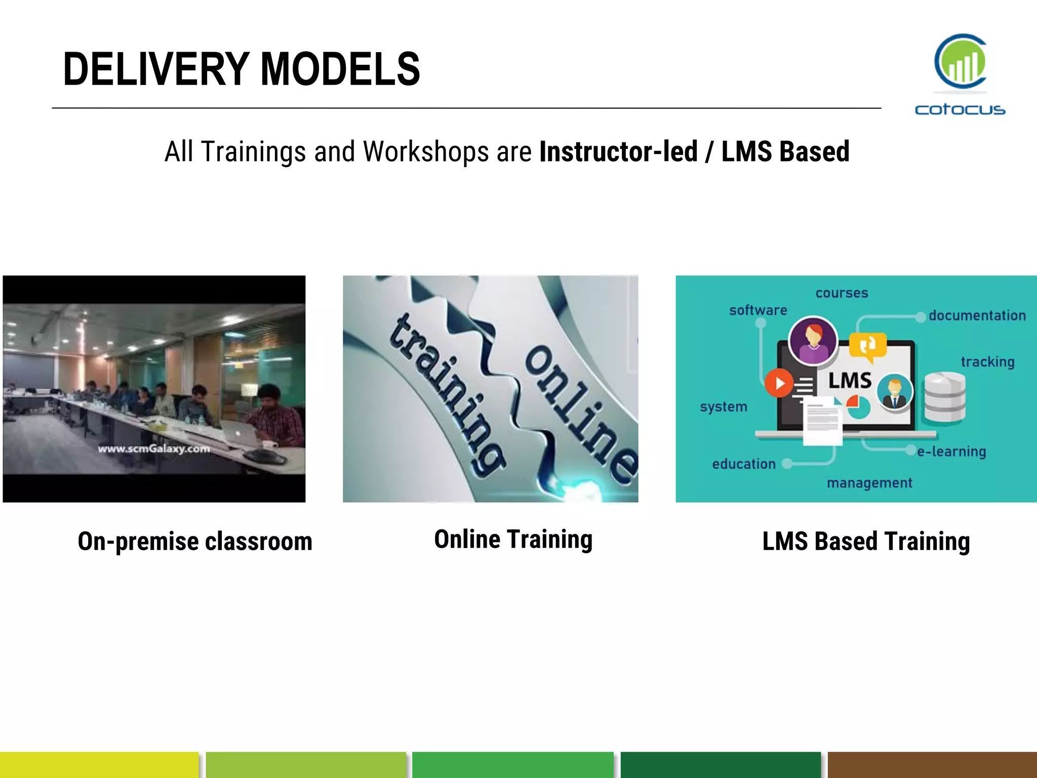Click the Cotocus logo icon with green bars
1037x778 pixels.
click(961, 62)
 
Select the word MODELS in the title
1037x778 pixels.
click(340, 69)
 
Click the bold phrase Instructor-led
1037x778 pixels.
click(618, 151)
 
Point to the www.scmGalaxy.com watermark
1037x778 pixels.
click(154, 448)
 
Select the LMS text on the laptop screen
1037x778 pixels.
click(850, 380)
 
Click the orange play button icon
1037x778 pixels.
click(779, 383)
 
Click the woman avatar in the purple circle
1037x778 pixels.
click(813, 340)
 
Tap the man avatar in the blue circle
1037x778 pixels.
click(895, 392)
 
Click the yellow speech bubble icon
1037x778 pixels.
click(868, 346)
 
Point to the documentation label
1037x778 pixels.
click(977, 316)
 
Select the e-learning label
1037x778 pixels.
click(951, 451)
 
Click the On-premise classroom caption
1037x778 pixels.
click(195, 541)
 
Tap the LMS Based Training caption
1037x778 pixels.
click(866, 541)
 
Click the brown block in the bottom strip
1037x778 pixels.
click(932, 765)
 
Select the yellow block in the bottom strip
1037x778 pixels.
click(99, 765)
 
